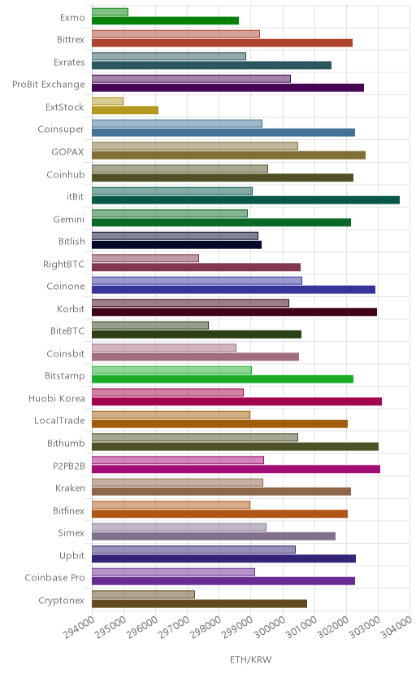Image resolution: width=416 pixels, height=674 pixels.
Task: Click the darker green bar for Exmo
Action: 165,20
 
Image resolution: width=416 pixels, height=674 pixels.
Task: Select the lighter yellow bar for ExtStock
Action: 107,101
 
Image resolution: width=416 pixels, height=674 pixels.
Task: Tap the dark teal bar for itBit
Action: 245,200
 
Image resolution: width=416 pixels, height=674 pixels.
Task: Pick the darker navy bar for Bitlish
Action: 176,244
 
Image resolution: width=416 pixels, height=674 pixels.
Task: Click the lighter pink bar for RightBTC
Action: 145,258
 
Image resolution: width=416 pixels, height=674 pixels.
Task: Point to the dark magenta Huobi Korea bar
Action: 236,401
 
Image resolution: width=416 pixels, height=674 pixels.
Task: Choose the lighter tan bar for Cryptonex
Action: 143,594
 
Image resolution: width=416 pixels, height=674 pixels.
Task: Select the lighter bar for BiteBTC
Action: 150,326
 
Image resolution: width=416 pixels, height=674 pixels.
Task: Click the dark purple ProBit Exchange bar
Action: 227,88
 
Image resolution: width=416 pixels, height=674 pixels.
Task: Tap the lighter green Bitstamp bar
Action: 171,370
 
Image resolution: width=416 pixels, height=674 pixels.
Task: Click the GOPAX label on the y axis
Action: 67,151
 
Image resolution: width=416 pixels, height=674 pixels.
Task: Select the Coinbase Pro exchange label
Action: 55,577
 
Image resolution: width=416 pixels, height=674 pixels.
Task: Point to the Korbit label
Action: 71,309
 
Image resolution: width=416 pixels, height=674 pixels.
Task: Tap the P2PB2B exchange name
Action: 69,466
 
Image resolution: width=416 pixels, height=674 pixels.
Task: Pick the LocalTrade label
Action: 59,420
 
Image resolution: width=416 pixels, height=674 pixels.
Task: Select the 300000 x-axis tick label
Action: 269,627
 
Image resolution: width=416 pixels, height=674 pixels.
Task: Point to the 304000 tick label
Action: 396,627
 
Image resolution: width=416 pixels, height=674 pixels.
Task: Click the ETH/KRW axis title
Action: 250,660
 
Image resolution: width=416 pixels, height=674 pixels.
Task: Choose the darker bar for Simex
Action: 214,536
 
